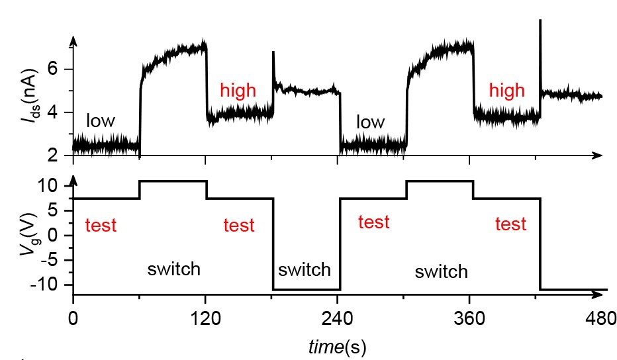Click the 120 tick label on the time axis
(x=205, y=319)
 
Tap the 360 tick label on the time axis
(x=469, y=319)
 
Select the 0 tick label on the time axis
(x=73, y=319)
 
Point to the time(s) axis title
(x=337, y=346)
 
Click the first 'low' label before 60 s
(x=100, y=121)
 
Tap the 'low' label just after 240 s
(x=370, y=122)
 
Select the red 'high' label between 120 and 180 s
(x=238, y=91)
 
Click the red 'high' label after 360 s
(x=506, y=91)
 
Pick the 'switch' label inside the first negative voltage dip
(x=304, y=270)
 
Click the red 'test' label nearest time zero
(x=101, y=226)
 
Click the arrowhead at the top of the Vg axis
(x=73, y=179)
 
